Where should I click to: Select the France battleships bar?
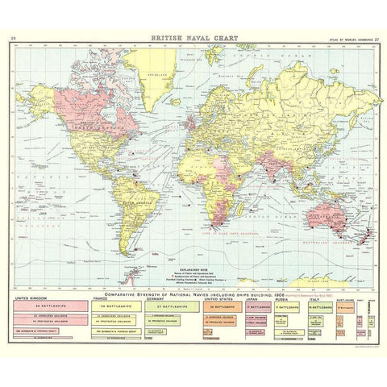(118, 285)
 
